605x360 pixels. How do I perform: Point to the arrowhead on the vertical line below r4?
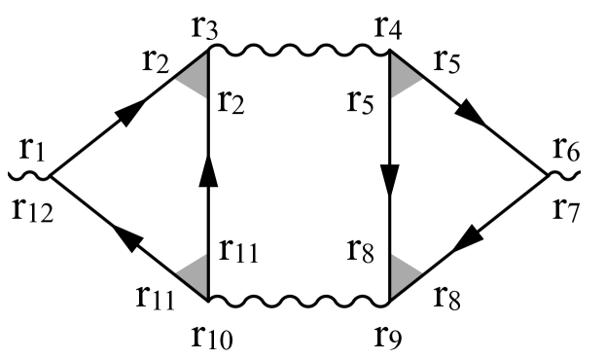pyautogui.click(x=390, y=181)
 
